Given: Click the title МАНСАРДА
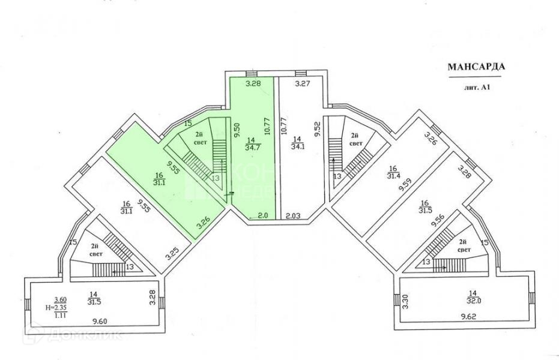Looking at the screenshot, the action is (476, 67).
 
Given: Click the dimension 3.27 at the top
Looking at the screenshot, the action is (301, 85).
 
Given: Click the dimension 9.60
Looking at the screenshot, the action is (101, 322).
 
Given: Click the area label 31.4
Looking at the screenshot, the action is (393, 176).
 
